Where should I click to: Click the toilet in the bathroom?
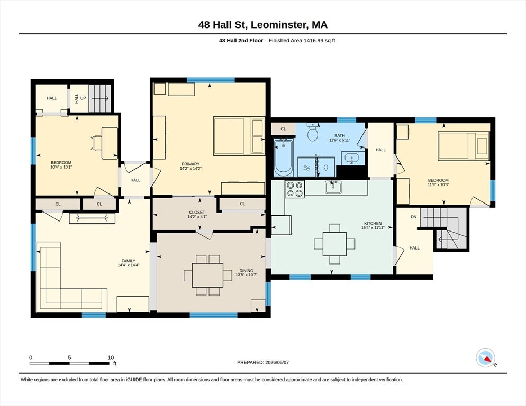click(313, 132)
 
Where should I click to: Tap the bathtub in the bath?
click(284, 158)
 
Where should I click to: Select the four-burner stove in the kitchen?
click(295, 189)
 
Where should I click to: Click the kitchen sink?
click(333, 187)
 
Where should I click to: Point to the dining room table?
click(207, 275)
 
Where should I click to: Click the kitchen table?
click(334, 244)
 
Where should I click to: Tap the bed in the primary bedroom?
click(239, 136)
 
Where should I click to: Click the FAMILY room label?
click(129, 261)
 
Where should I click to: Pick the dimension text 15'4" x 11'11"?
click(373, 228)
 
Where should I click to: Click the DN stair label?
click(414, 217)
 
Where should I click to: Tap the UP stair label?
click(83, 98)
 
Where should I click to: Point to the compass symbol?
click(485, 358)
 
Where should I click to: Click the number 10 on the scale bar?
click(111, 358)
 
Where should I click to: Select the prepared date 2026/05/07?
click(277, 363)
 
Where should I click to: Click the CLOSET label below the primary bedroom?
click(197, 213)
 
